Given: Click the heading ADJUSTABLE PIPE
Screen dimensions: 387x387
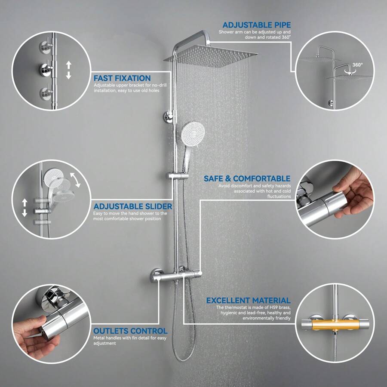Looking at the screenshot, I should tap(256, 25).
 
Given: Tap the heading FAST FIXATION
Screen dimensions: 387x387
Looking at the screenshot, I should tap(122, 78).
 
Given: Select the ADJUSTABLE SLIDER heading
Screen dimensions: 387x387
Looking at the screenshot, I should tap(133, 206).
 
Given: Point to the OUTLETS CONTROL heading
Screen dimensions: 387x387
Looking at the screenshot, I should tap(130, 331).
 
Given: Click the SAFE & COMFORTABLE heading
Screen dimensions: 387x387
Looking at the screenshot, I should tap(247, 178).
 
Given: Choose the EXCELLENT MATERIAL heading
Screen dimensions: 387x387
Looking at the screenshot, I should tap(248, 301).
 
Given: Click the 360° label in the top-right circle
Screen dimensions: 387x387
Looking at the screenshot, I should tap(357, 65).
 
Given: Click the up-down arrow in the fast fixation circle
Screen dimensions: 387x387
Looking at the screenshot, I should tap(68, 70).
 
